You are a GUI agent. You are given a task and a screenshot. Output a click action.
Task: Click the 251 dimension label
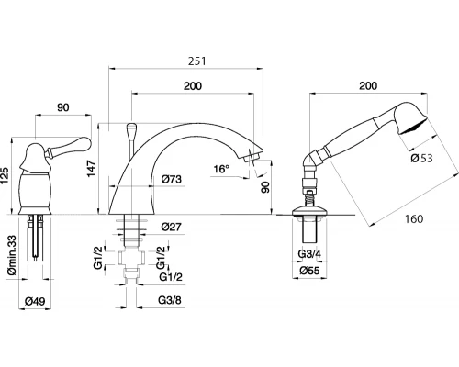pos(197,61)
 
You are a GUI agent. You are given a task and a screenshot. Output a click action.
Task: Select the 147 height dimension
pos(91,169)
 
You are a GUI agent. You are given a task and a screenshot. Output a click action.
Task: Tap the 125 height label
pos(5,176)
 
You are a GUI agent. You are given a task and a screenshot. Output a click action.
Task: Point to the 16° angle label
pos(221,169)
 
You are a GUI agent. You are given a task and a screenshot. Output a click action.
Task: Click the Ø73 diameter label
pos(172,179)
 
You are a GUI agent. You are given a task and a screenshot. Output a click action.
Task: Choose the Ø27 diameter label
pos(172,227)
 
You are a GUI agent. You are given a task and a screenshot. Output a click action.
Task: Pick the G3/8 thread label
pos(170,300)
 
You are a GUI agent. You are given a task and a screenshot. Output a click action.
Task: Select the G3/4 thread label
pos(309,253)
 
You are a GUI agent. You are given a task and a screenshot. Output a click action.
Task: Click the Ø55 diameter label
pos(309,271)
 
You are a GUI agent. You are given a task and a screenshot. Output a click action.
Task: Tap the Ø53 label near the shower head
pos(422,158)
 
